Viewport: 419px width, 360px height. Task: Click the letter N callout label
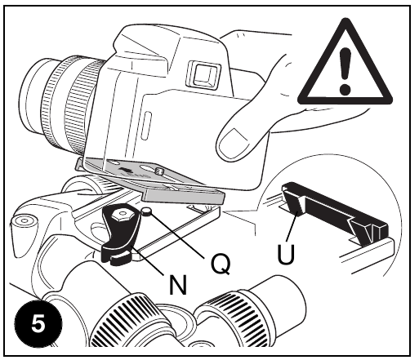tap(178, 284)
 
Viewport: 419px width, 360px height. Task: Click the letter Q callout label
tap(221, 263)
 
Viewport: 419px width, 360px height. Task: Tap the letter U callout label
tap(286, 254)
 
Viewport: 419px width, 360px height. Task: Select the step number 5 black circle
tap(38, 324)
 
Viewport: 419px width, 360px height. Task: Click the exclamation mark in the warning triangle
tap(345, 71)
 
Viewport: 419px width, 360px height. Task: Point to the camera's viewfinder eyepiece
tap(203, 73)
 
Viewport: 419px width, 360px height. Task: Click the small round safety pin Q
tap(147, 211)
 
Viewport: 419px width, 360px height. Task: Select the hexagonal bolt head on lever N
tap(122, 216)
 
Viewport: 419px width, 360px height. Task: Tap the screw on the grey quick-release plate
tap(158, 171)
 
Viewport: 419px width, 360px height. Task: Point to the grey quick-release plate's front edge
tap(184, 198)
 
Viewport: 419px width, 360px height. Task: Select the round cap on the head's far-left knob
tap(25, 220)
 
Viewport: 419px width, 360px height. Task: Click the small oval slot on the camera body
tap(146, 126)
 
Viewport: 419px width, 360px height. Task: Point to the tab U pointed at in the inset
tap(295, 202)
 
